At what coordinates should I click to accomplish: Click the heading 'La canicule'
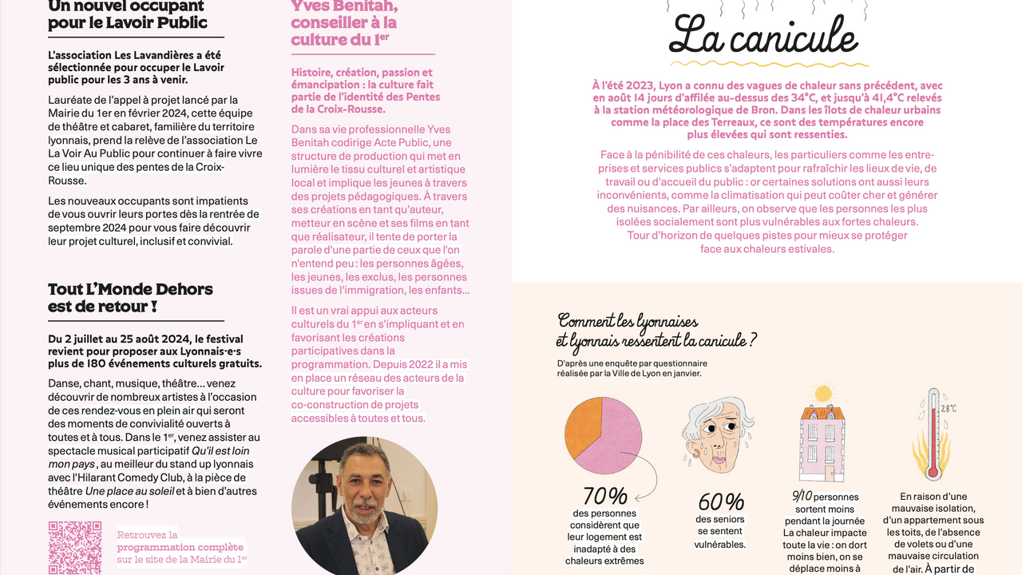point(764,37)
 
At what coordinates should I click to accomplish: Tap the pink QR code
point(75,548)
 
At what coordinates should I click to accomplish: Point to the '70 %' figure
point(604,497)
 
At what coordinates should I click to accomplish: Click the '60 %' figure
point(720,502)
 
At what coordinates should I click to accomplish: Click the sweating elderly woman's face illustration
point(718,436)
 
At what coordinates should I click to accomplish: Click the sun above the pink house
point(822,394)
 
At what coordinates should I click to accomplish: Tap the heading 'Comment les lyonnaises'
point(628,321)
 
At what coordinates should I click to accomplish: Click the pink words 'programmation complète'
point(180,547)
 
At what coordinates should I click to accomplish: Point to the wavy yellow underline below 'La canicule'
point(764,63)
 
